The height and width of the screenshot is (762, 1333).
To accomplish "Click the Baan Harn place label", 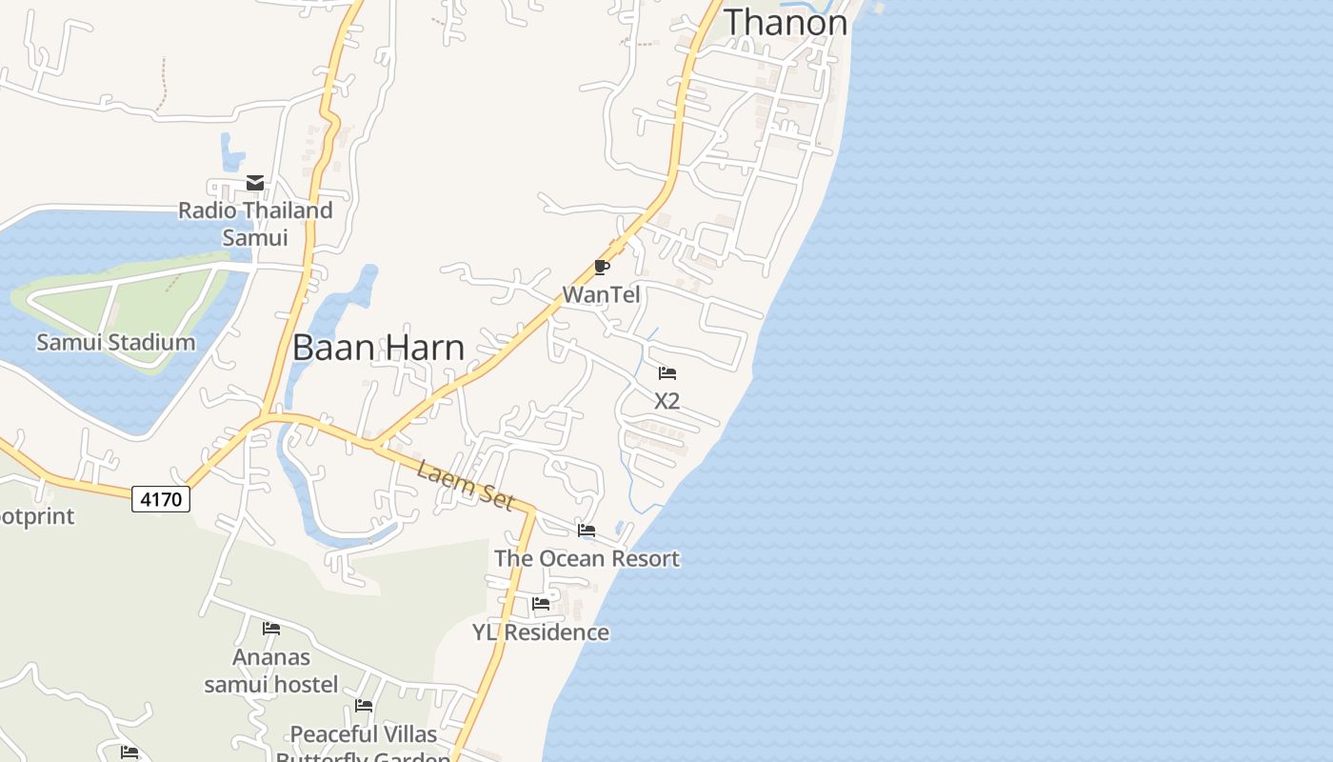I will coord(378,348).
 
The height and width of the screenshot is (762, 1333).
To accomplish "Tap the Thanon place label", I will coord(786,22).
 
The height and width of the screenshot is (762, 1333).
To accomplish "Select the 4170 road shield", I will coord(161,498).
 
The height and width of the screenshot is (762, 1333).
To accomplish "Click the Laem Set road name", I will coord(466,483).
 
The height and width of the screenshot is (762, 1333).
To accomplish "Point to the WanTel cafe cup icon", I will coord(601,267).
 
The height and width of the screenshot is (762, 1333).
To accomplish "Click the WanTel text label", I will coord(601,294).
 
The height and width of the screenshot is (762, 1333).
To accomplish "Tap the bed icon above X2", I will coord(667,373).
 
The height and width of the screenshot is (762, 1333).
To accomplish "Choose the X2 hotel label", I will coord(666,401).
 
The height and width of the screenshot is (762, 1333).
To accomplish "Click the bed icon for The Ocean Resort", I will coord(587,531).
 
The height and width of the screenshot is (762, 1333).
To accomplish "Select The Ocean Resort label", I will coord(587,558).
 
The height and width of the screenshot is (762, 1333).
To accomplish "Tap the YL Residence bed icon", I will coord(541,604).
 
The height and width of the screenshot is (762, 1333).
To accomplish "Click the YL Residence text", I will coord(541,632).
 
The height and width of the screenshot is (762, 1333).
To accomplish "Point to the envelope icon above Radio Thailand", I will coord(255,183).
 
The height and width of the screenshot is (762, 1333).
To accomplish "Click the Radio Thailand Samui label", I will coord(255,223).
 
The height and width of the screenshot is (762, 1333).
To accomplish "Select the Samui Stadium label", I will coord(115,342).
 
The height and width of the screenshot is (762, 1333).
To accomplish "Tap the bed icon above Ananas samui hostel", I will coord(271,629).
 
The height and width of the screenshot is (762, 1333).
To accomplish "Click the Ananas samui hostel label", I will coord(271,671).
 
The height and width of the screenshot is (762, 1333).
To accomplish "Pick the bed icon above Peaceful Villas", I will coord(364,706).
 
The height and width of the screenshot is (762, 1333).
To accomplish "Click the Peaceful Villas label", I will coord(364,734).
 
